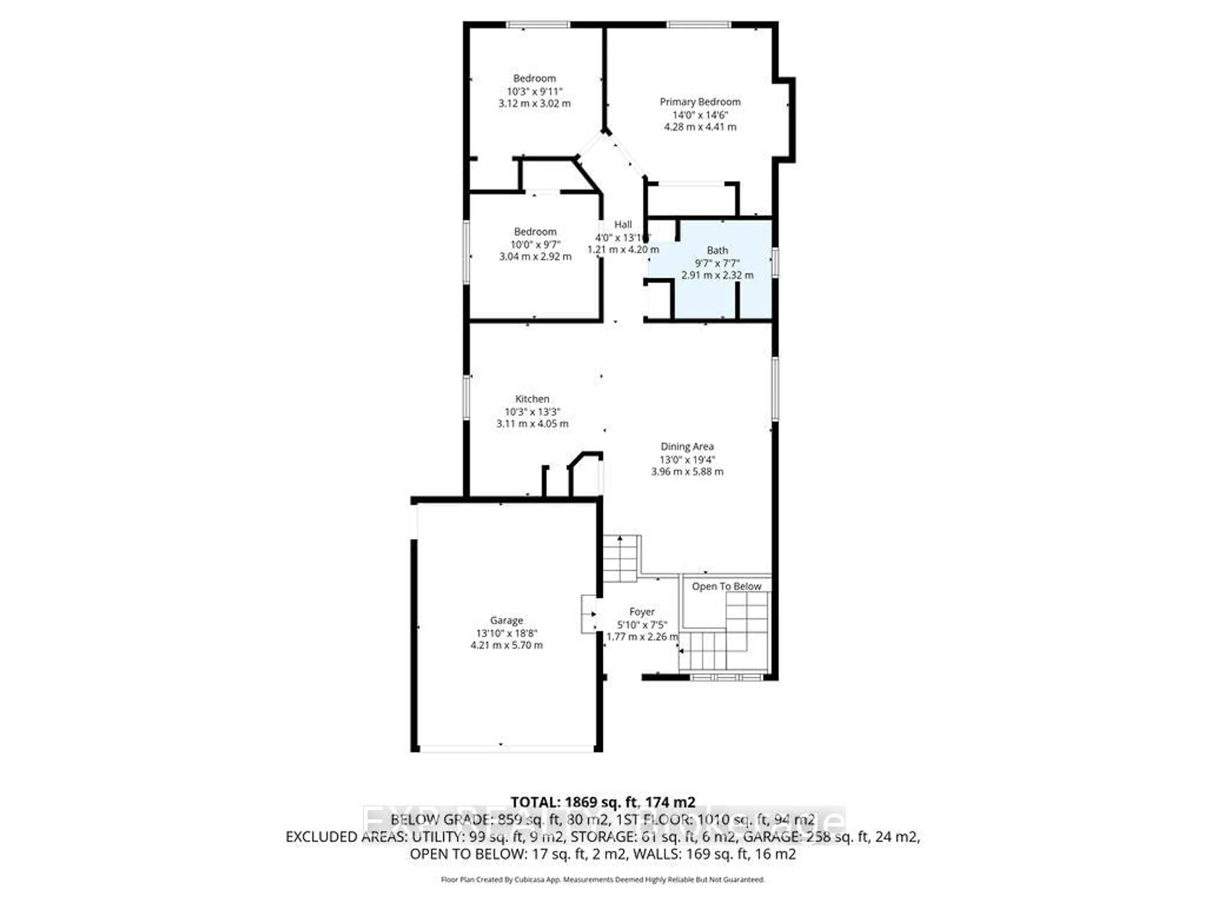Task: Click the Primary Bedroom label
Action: tap(700, 102)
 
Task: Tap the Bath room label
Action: tap(717, 250)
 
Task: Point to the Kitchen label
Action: tap(532, 399)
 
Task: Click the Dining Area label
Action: tap(687, 446)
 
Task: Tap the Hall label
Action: tap(622, 224)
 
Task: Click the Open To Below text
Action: tap(726, 586)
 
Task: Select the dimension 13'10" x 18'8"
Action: tap(507, 633)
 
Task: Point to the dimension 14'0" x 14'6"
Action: tap(700, 115)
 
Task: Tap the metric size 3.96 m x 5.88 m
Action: tap(687, 471)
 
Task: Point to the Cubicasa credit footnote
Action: tap(602, 880)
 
